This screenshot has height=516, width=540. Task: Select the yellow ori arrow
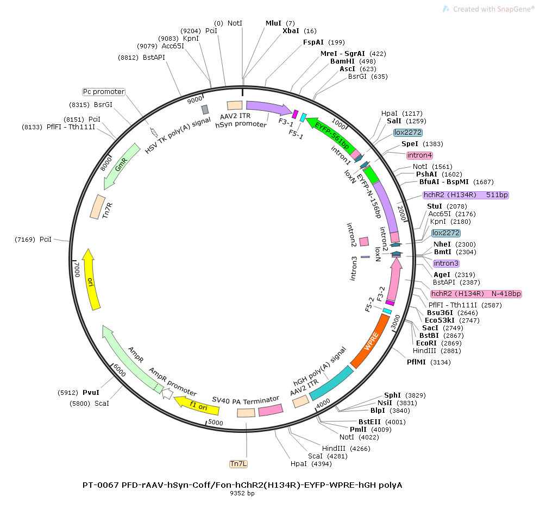tap(91, 280)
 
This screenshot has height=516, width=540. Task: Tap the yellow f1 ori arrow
tap(196, 405)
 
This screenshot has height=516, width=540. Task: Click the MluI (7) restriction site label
tap(280, 23)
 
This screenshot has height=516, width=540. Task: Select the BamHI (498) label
tap(353, 61)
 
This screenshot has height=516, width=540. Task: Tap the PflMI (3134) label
tap(429, 362)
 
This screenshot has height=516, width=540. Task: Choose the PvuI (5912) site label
tap(78, 392)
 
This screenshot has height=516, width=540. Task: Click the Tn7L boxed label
tap(238, 464)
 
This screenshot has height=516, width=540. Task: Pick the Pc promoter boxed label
tap(104, 92)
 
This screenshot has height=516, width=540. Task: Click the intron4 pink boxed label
tap(419, 155)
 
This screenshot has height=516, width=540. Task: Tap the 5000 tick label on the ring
tap(216, 423)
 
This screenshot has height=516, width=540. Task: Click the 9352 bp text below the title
tap(242, 493)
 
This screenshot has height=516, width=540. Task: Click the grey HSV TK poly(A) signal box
tap(205, 110)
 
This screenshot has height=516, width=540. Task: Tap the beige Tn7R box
tap(97, 206)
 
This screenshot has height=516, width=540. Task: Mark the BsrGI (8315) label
tap(91, 105)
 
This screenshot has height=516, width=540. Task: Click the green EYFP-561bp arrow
tap(331, 135)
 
